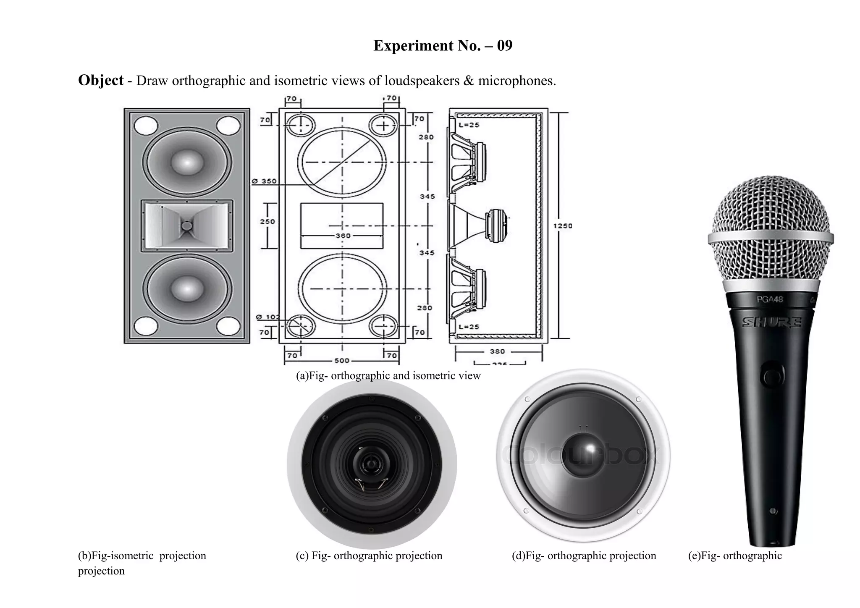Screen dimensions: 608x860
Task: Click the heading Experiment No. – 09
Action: pyautogui.click(x=443, y=46)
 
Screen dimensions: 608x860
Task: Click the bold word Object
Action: pyautogui.click(x=101, y=80)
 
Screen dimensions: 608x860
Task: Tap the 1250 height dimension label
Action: pyautogui.click(x=562, y=226)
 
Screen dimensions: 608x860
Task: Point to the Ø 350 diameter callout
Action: pyautogui.click(x=264, y=181)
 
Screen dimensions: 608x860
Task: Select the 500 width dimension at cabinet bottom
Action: pyautogui.click(x=341, y=361)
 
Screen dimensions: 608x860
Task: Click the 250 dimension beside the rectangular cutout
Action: pyautogui.click(x=267, y=221)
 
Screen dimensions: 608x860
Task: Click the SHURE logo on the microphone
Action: pyautogui.click(x=772, y=322)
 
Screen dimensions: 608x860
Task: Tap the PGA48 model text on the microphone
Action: pyautogui.click(x=770, y=300)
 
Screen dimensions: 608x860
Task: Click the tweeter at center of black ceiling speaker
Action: pyautogui.click(x=371, y=464)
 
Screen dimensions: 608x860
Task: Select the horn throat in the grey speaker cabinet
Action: pyautogui.click(x=187, y=226)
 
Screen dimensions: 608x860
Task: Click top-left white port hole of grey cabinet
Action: pyautogui.click(x=145, y=125)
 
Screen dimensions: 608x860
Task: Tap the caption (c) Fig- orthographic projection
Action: pyautogui.click(x=369, y=556)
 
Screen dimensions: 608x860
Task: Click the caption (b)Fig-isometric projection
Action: pyautogui.click(x=142, y=556)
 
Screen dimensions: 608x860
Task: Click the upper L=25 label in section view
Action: pyautogui.click(x=469, y=125)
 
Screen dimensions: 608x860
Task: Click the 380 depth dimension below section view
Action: pyautogui.click(x=497, y=351)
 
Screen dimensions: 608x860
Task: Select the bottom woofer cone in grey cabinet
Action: pyautogui.click(x=187, y=288)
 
